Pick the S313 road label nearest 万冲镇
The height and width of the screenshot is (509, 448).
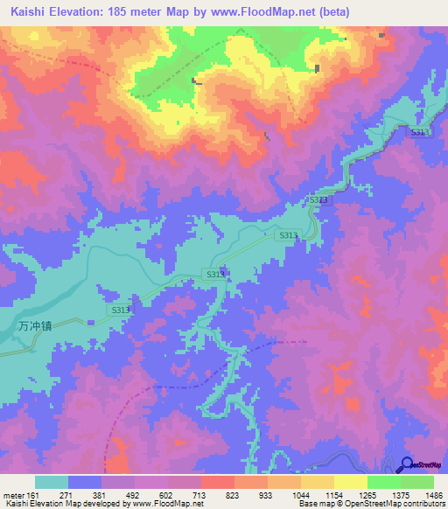(x=121, y=310)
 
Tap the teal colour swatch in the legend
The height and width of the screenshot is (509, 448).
(x=52, y=482)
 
